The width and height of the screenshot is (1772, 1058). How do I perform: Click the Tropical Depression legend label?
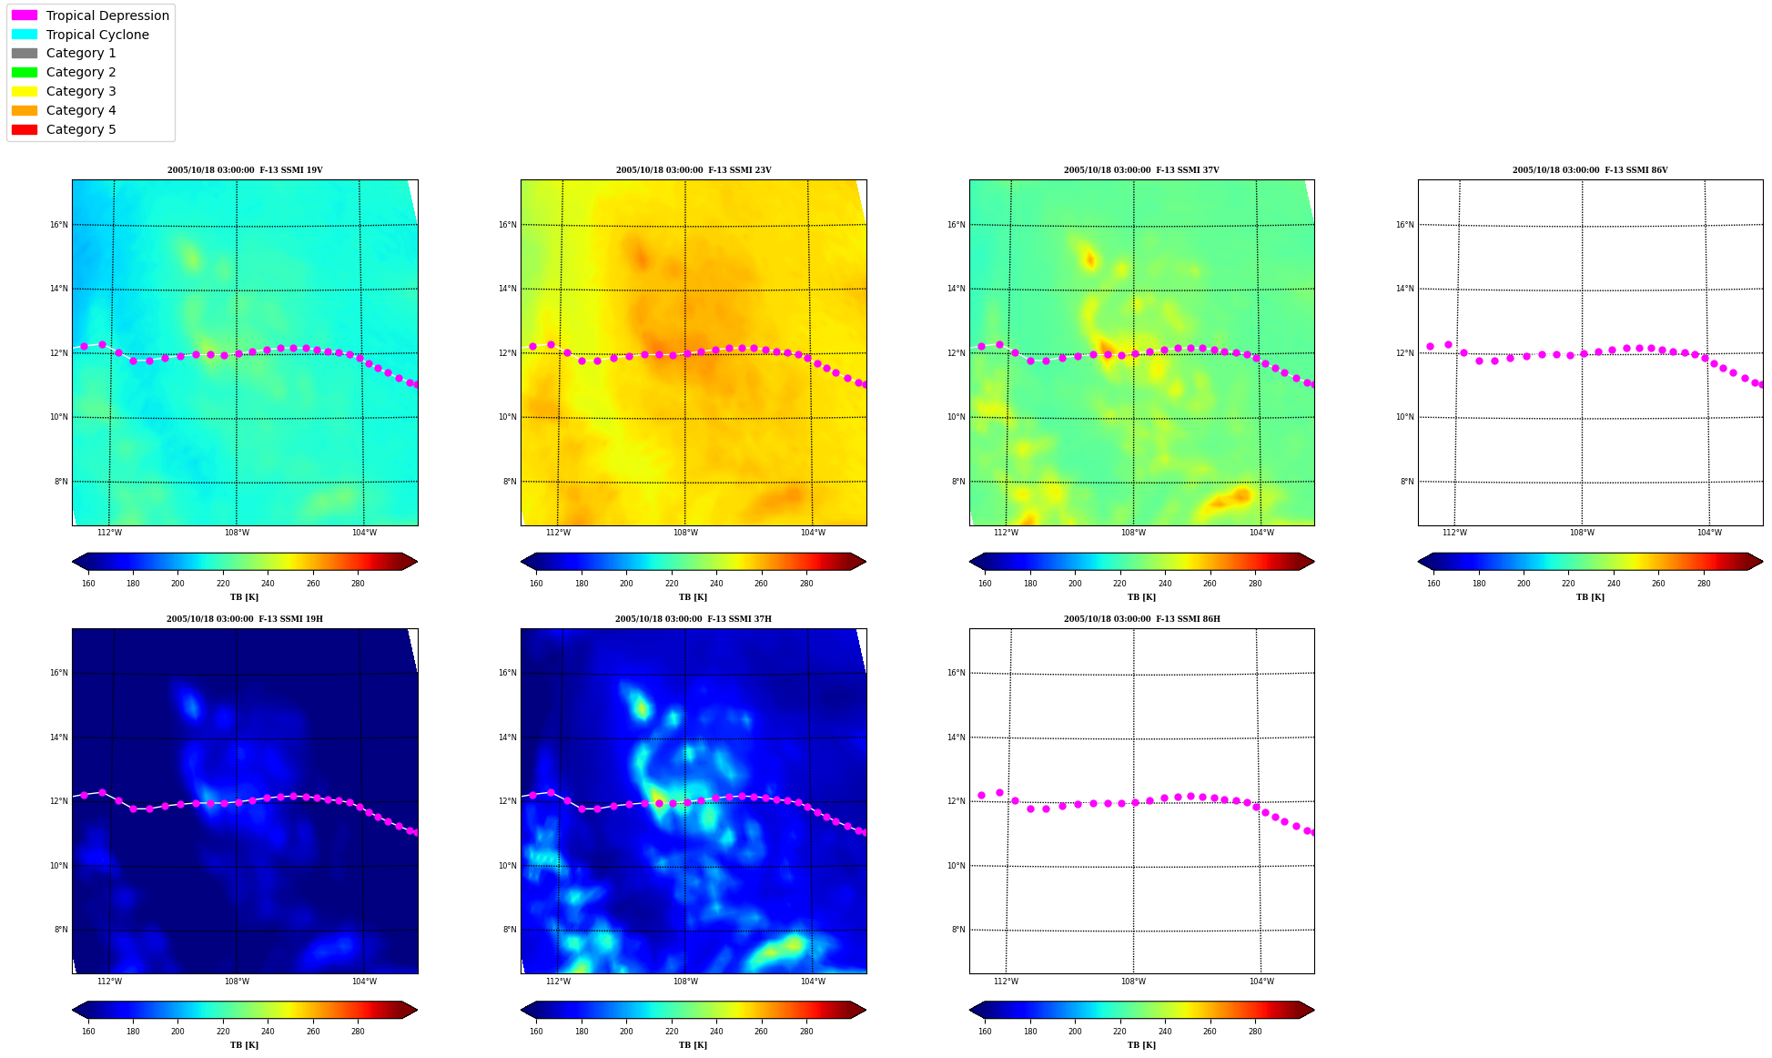tap(107, 15)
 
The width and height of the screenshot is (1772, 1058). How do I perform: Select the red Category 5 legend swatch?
tap(25, 129)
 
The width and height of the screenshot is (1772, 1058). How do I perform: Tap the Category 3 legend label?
tap(81, 91)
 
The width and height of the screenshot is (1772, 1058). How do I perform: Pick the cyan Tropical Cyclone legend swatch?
tap(25, 35)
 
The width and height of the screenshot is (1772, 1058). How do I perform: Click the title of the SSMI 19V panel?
tap(245, 170)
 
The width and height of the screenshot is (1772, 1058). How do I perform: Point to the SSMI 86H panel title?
tap(1142, 619)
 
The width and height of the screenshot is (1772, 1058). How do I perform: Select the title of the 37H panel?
tap(694, 619)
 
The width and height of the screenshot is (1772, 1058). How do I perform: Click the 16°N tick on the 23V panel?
tap(508, 225)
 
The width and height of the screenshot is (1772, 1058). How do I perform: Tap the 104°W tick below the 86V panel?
tap(1709, 533)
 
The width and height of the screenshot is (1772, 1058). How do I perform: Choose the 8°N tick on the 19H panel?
tap(61, 930)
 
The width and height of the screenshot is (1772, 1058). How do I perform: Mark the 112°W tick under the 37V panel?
tap(1006, 533)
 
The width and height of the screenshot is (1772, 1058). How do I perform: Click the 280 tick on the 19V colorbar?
tap(358, 584)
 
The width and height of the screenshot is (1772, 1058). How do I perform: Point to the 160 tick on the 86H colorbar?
tap(985, 1032)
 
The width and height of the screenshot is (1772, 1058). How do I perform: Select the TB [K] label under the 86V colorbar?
tap(1590, 597)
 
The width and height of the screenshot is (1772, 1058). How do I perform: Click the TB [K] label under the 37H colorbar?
tap(693, 1045)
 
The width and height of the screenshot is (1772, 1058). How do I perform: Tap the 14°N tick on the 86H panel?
tap(957, 738)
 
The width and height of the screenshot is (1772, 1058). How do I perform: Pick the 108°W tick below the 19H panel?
tap(237, 982)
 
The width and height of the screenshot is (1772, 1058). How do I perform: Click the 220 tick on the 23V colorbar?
tap(672, 584)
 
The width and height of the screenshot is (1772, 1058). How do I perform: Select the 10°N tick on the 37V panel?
tap(957, 417)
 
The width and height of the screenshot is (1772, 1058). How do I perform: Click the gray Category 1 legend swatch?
tap(25, 53)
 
